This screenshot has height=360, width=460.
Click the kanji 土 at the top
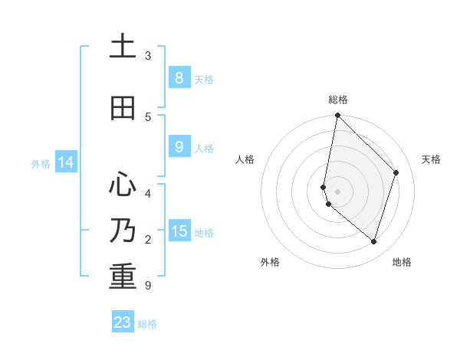[x=123, y=47]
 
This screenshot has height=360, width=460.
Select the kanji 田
[x=123, y=108]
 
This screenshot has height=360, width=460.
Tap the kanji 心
[x=123, y=184]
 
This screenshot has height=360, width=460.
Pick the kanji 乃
[x=123, y=231]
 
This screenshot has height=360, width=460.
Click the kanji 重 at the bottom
[x=123, y=277]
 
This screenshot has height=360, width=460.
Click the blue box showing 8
[x=179, y=77]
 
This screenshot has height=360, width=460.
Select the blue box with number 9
[x=179, y=147]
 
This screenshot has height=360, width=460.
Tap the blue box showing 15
[x=179, y=231]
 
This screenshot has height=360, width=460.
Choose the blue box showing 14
[x=65, y=162]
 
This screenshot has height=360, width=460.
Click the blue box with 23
[x=123, y=322]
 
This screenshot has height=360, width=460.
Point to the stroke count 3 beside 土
[x=148, y=56]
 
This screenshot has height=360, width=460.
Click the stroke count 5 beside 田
[x=148, y=117]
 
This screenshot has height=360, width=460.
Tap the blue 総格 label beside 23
[x=147, y=324]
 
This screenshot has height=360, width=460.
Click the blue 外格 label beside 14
[x=41, y=163]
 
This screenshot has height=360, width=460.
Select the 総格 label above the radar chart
[x=338, y=100]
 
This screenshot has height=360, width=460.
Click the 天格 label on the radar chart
[x=432, y=159]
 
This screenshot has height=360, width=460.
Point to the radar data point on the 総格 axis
[x=337, y=115]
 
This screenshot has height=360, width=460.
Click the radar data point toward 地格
[x=373, y=241]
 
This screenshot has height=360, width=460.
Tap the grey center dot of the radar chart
[x=337, y=191]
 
